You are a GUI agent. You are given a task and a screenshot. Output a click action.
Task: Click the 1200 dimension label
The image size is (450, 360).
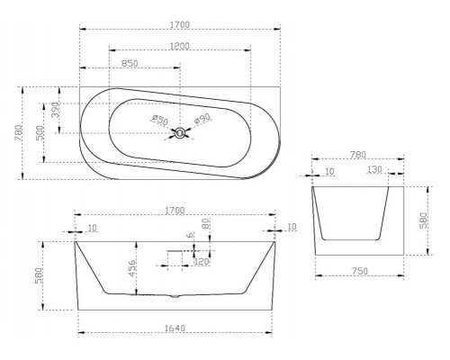180,46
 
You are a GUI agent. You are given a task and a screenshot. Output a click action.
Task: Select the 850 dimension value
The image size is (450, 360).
130,64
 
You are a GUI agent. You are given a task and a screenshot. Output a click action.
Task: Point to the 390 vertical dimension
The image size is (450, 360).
56,110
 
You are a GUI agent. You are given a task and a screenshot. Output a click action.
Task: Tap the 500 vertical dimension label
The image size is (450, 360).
40,132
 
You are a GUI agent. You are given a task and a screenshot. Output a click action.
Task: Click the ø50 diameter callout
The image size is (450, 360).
160,120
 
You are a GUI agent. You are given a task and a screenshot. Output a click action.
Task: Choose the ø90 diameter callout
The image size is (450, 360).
203,119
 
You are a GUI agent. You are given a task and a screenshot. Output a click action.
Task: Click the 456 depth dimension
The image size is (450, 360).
132,268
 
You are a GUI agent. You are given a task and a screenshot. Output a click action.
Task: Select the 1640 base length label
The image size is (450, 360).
175,328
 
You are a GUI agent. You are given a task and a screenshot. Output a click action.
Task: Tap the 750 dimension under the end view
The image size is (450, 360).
359,271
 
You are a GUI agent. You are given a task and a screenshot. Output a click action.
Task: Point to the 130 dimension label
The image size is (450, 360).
374,170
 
